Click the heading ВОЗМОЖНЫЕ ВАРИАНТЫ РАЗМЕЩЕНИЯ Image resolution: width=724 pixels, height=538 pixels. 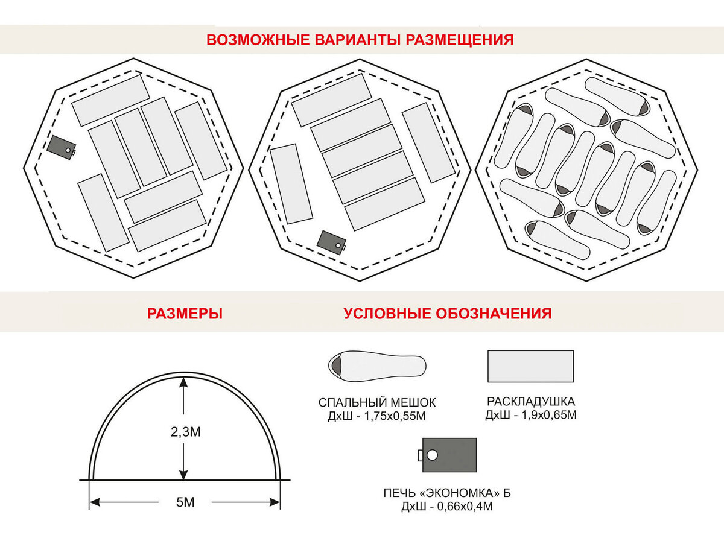(360, 40)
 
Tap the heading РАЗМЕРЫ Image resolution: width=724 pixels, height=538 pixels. (185, 314)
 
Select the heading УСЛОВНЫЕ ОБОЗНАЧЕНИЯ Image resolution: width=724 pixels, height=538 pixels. (448, 314)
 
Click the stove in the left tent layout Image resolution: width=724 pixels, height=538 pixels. (62, 147)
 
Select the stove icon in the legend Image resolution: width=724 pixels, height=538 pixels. (449, 455)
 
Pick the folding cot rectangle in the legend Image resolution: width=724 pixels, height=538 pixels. (530, 366)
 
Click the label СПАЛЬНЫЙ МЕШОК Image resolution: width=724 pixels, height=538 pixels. (377, 402)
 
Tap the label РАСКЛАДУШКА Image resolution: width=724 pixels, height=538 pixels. (531, 401)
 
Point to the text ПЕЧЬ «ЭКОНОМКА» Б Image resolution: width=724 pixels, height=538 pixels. (447, 493)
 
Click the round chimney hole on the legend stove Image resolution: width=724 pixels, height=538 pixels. (432, 455)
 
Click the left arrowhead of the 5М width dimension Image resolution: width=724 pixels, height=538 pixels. (94, 502)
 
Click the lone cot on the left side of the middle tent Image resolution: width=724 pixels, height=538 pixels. (291, 184)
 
